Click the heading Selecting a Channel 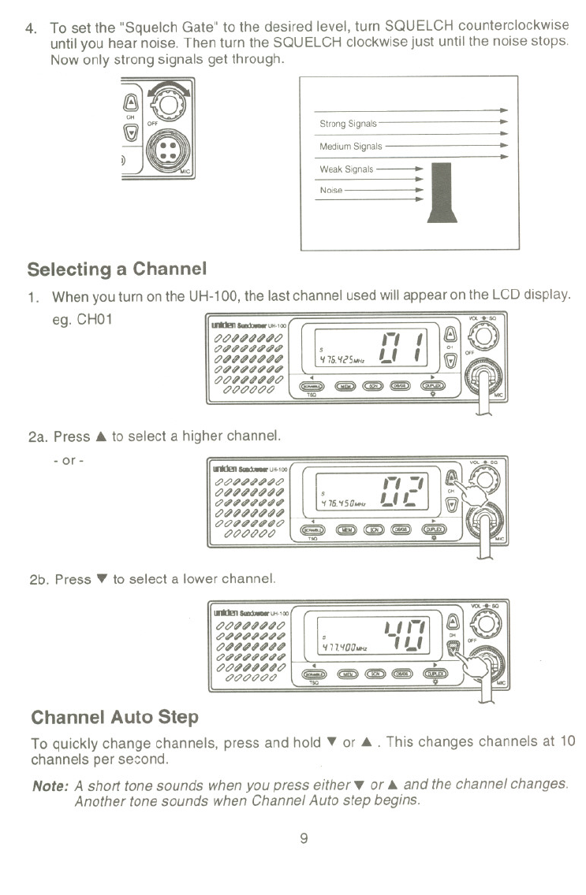click(117, 269)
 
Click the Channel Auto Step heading click(114, 717)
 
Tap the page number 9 click(303, 837)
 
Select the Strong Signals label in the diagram click(348, 124)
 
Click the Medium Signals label click(350, 147)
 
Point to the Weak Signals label click(347, 169)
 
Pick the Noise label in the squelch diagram click(330, 191)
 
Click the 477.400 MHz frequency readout click(342, 647)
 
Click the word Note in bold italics click(49, 785)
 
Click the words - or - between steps click(69, 459)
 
